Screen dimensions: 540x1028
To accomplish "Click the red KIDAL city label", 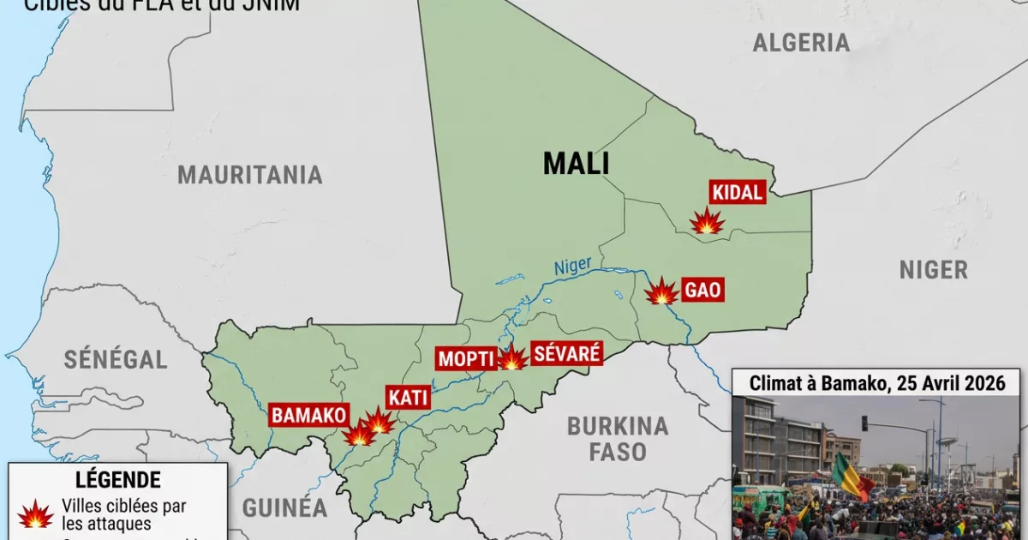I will [x=737, y=193].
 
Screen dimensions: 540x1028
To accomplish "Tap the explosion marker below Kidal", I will [x=708, y=221].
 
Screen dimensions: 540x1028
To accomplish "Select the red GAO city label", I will [x=702, y=291].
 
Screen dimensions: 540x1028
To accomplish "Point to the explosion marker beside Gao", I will [x=661, y=292].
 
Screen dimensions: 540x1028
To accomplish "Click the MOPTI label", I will [x=466, y=358].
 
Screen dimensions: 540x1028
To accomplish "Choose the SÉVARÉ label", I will [x=566, y=353].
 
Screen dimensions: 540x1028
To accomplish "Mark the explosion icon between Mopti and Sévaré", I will [x=512, y=358].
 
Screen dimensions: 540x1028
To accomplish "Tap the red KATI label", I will [x=408, y=398].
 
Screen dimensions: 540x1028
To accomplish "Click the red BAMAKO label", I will [x=308, y=416].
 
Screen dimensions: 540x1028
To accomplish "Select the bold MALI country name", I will [x=576, y=164].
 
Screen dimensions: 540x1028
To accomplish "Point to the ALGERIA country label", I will [x=801, y=43].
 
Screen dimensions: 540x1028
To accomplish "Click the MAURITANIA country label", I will [x=250, y=175].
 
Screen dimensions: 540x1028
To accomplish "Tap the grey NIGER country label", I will [x=934, y=269].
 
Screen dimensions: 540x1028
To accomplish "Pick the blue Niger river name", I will [x=572, y=267].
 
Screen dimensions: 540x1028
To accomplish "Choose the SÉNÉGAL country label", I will [x=116, y=360].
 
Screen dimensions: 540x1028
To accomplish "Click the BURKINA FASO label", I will [x=617, y=438].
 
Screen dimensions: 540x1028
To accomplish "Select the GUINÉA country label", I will [x=284, y=507].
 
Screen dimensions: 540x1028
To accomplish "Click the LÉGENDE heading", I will [x=117, y=480].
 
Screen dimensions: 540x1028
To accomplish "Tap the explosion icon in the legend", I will [x=36, y=514].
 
